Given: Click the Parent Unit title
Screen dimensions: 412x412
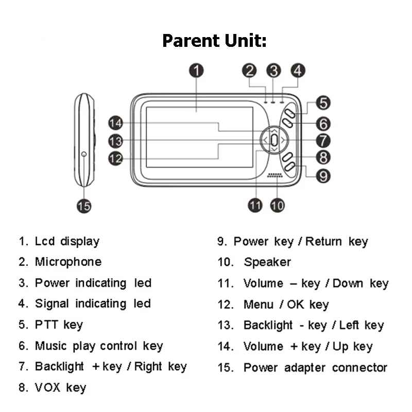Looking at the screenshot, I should pos(214,40).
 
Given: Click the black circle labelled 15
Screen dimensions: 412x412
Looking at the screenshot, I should pos(84,206).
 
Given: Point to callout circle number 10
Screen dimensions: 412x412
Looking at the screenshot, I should pos(277,205).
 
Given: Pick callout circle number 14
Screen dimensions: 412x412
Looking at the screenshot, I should pos(115,123).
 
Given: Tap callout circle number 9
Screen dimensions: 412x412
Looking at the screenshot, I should pos(322,176).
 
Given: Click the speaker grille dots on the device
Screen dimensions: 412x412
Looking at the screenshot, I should pos(275,176).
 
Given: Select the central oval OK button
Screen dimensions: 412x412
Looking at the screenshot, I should pos(274,139).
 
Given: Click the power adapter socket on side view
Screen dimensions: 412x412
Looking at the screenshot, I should pos(83,153).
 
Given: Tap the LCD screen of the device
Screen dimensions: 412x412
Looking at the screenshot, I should pos(199,136).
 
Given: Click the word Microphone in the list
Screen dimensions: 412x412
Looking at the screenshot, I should pos(68,262).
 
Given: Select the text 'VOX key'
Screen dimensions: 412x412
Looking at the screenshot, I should pos(60,388).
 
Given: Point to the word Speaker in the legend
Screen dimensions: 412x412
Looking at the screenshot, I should pos(267,262).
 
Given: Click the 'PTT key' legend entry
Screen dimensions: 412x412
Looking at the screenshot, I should pos(59,325).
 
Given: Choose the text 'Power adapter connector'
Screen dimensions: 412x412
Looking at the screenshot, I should pos(315,368).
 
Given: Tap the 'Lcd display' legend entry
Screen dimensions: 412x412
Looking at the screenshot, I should pos(67,241).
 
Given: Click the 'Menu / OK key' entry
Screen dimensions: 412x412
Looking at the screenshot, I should pos(286,304).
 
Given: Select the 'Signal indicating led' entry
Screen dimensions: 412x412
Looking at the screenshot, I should pos(93,304).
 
